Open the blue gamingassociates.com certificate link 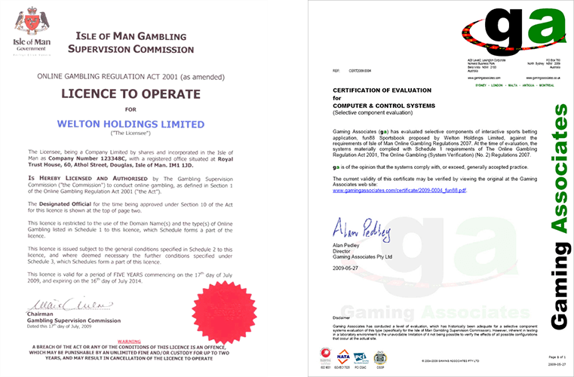pyautogui.click(x=399, y=191)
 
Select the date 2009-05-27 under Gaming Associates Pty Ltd pyautogui.click(x=347, y=265)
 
